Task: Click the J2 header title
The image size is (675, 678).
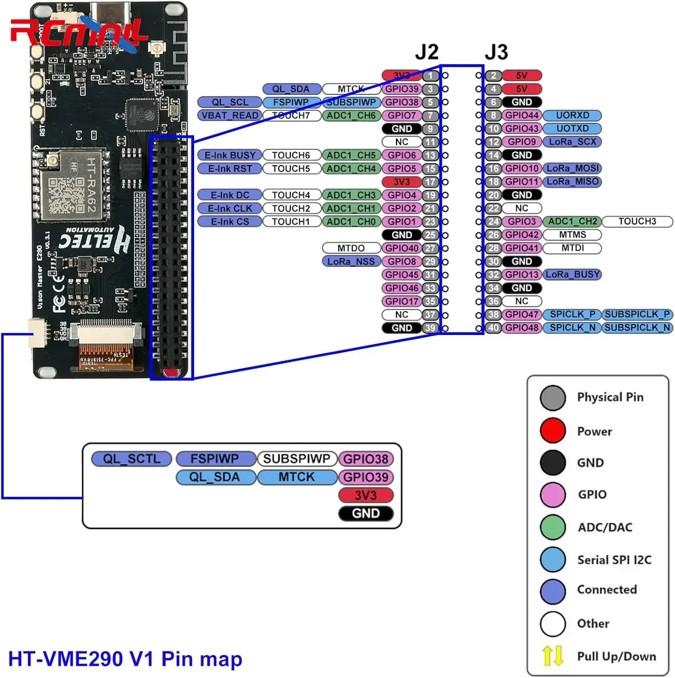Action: click(427, 52)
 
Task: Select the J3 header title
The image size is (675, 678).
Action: click(496, 52)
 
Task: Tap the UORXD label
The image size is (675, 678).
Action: click(572, 115)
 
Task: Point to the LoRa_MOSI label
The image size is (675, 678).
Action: click(572, 169)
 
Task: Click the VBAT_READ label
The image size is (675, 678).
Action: click(230, 115)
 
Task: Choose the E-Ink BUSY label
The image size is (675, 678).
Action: click(230, 155)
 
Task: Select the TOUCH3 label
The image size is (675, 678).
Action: click(637, 221)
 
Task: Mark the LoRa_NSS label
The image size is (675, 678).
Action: click(351, 262)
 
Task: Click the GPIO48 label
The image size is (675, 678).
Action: click(522, 328)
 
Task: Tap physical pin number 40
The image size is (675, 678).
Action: click(493, 328)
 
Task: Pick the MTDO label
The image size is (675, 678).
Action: click(351, 248)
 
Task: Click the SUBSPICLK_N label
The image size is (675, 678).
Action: click(637, 328)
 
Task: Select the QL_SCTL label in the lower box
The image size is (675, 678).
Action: click(132, 459)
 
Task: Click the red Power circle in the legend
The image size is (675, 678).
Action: click(552, 431)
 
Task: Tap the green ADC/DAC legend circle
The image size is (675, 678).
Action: click(552, 527)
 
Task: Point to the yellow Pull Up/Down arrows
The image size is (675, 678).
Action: click(552, 656)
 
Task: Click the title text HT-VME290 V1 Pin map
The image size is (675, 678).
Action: click(125, 659)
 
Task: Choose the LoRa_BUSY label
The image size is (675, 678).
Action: click(572, 275)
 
